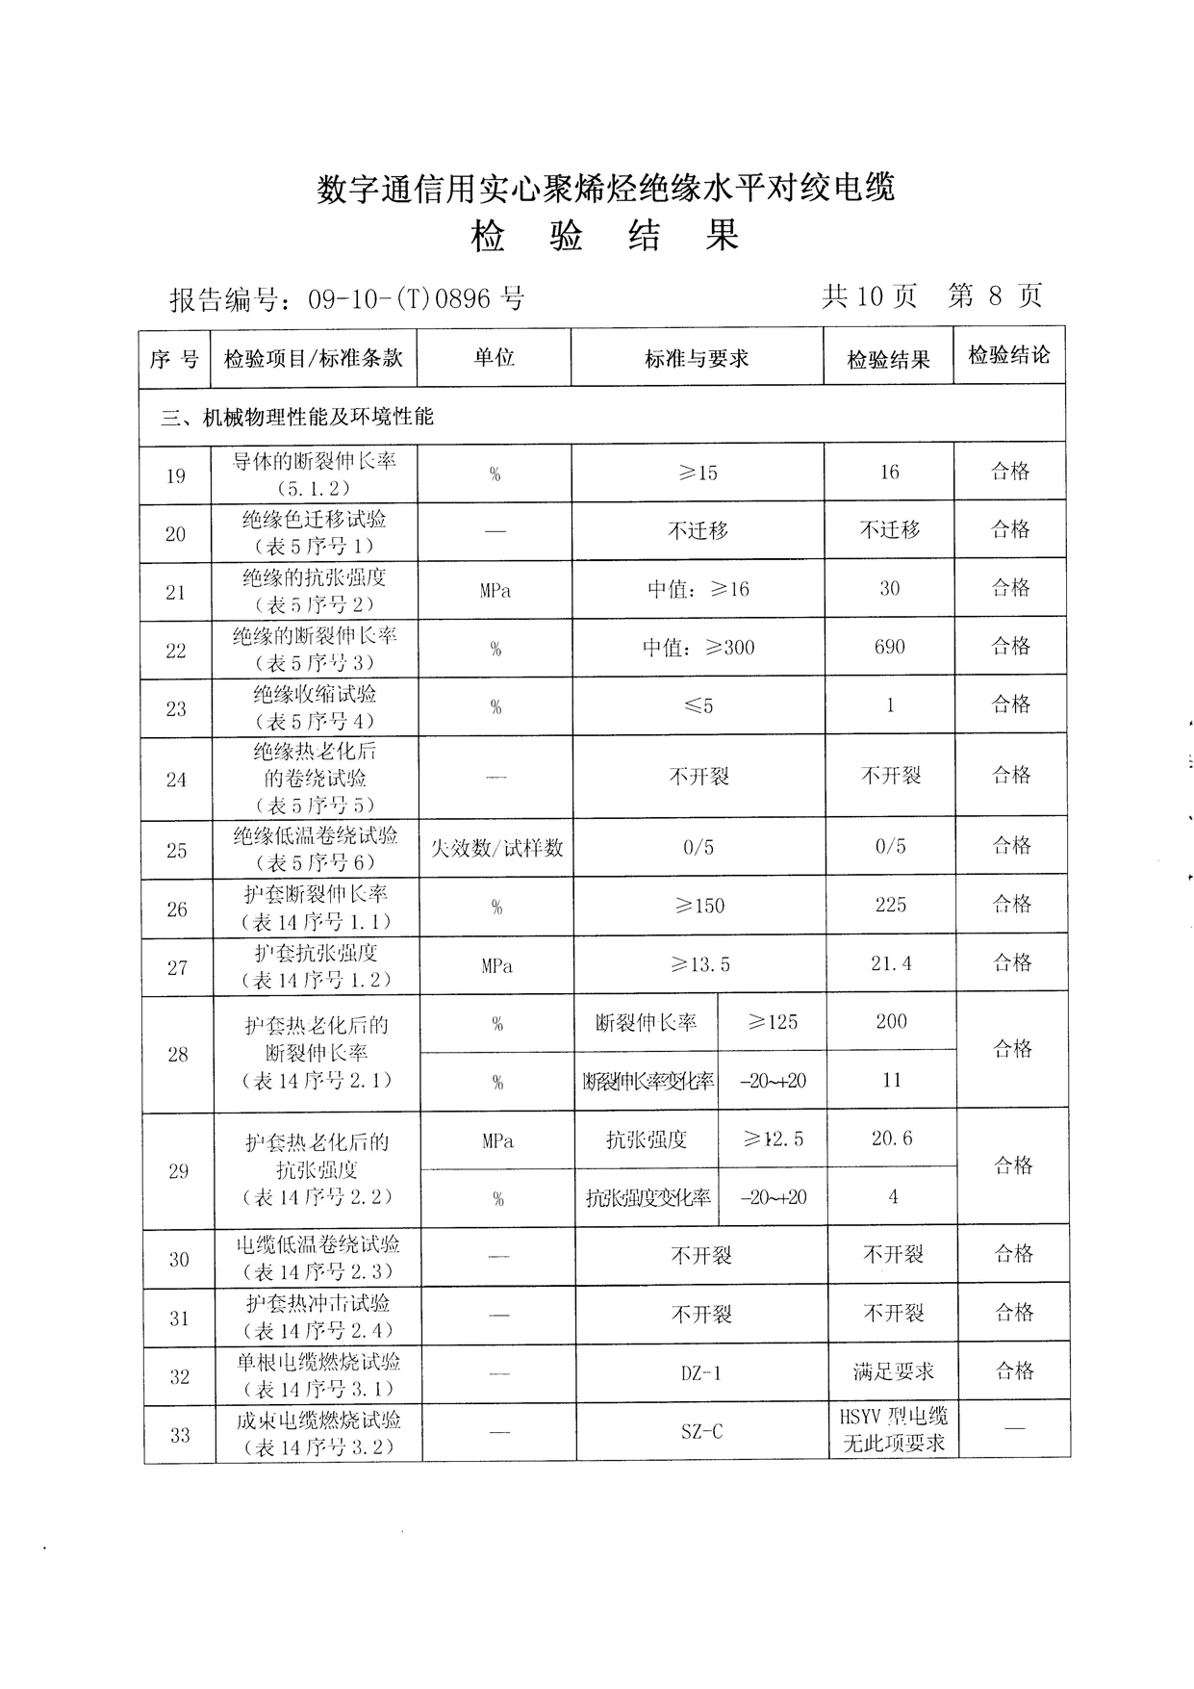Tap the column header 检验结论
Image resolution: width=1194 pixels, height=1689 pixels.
1009,355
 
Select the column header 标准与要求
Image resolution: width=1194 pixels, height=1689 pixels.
697,359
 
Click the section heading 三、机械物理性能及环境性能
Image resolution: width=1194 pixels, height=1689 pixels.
297,417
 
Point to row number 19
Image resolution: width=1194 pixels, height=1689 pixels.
175,475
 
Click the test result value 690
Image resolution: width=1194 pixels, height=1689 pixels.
890,647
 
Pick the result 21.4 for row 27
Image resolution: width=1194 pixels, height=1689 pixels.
891,963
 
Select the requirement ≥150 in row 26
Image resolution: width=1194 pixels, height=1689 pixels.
699,907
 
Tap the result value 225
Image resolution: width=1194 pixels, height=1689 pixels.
891,905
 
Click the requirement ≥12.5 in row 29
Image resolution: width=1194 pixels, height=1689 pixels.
774,1139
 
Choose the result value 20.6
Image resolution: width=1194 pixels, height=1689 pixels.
892,1139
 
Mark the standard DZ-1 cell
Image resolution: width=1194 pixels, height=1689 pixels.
700,1373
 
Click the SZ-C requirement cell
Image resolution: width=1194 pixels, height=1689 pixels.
701,1432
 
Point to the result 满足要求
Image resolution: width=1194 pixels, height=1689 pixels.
894,1371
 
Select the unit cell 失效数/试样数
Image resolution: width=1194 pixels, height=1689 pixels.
496,848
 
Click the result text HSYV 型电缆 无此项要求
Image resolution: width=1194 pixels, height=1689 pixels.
894,1429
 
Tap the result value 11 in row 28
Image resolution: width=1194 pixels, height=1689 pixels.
892,1080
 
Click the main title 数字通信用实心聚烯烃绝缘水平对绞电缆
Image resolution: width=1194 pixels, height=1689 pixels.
606,188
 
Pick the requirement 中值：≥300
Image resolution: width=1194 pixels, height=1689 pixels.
699,648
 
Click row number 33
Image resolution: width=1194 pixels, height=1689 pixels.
180,1435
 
